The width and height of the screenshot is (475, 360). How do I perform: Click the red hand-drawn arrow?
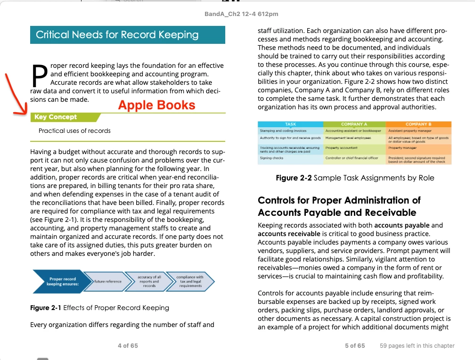click(12, 97)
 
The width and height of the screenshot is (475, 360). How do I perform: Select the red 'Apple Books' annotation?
click(156, 105)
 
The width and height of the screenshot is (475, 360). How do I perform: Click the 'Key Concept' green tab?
click(56, 117)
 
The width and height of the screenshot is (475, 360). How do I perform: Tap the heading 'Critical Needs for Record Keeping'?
click(117, 35)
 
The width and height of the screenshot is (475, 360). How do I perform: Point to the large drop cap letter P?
click(40, 77)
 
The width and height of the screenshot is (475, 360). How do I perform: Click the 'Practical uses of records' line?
click(74, 131)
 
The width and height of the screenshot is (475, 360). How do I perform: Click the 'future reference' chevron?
click(108, 281)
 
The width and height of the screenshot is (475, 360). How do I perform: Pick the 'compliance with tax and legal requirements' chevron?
click(190, 281)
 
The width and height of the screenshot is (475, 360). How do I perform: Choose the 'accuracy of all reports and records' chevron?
click(149, 281)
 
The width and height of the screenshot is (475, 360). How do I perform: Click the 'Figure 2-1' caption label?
click(46, 308)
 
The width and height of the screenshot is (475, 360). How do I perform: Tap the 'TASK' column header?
click(291, 124)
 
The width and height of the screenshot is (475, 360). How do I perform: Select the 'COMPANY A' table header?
click(354, 124)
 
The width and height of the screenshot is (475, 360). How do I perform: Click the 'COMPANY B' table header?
click(418, 124)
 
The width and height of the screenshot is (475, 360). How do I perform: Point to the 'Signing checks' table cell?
click(272, 158)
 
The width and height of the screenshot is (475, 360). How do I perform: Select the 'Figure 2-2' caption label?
click(294, 178)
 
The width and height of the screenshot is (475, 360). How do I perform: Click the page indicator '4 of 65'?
click(128, 345)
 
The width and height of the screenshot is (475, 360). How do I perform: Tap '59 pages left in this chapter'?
click(417, 345)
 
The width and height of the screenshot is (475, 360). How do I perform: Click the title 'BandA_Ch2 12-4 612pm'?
click(241, 14)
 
